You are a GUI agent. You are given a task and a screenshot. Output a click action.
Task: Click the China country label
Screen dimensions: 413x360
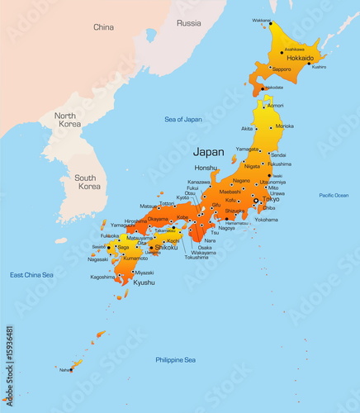(x=103, y=27)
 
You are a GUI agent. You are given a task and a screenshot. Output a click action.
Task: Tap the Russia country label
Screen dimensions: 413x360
(x=189, y=23)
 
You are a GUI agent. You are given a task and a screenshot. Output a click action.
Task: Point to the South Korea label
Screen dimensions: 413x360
(x=88, y=182)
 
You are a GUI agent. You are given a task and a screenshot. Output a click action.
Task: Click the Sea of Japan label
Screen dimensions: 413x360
(x=182, y=120)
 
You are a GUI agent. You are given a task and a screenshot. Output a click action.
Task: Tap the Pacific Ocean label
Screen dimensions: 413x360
(x=334, y=196)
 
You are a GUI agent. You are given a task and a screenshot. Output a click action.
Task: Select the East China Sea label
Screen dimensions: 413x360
(x=31, y=274)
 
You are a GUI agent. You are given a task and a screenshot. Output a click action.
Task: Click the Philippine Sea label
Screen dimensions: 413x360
(x=175, y=359)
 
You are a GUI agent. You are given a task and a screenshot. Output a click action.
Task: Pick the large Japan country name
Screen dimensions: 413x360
(x=208, y=152)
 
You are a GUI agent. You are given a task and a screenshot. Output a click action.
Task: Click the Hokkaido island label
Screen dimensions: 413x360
(x=300, y=59)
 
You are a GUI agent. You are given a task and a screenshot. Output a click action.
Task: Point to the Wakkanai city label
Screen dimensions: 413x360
(x=261, y=20)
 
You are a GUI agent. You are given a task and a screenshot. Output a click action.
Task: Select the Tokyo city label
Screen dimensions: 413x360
(x=271, y=199)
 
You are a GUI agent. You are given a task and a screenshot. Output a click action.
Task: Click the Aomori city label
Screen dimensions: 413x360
(x=276, y=106)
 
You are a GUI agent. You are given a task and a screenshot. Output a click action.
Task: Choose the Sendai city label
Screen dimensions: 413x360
(x=278, y=154)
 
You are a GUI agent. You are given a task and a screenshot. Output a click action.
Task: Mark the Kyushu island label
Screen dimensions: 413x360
(x=144, y=282)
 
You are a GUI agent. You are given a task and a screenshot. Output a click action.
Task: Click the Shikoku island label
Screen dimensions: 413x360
(x=166, y=247)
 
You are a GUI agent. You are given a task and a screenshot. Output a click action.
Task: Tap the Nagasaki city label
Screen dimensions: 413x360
(x=97, y=259)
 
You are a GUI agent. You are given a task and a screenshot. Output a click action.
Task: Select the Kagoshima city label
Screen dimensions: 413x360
(x=102, y=277)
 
